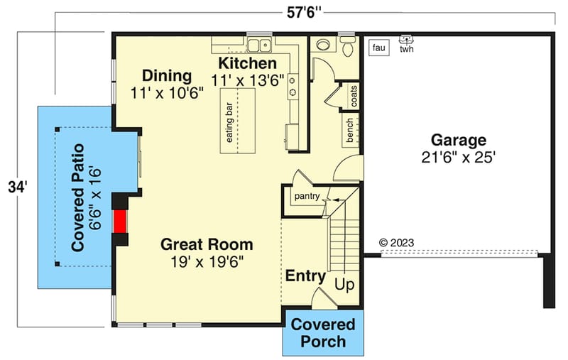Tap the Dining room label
coord(167,76)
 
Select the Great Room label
coord(206,245)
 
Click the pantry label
coord(307,196)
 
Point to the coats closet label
coord(354,97)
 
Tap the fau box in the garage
coord(378,48)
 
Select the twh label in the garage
coord(407,49)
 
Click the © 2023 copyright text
coord(397,242)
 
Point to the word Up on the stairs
coord(344,285)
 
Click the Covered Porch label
coord(323,333)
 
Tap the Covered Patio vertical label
coord(78,197)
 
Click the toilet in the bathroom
coord(348,47)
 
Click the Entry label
coord(305,276)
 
